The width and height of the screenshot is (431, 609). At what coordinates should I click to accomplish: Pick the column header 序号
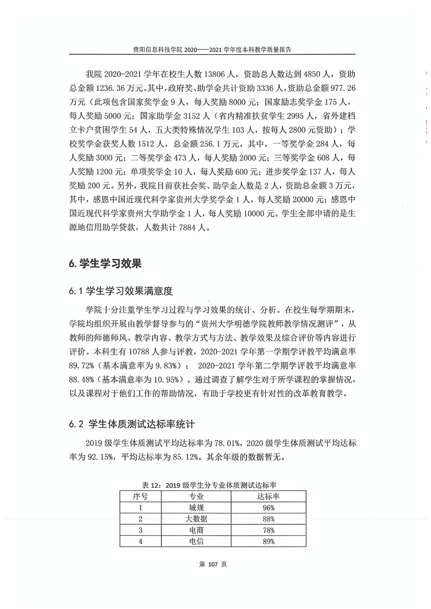pyautogui.click(x=140, y=496)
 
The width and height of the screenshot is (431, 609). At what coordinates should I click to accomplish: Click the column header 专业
pyautogui.click(x=196, y=496)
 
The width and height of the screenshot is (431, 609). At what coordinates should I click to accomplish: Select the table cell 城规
pyautogui.click(x=196, y=507)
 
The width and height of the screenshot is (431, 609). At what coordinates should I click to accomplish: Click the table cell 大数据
pyautogui.click(x=196, y=519)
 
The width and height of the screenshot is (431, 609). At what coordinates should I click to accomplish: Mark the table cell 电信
pyautogui.click(x=196, y=542)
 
